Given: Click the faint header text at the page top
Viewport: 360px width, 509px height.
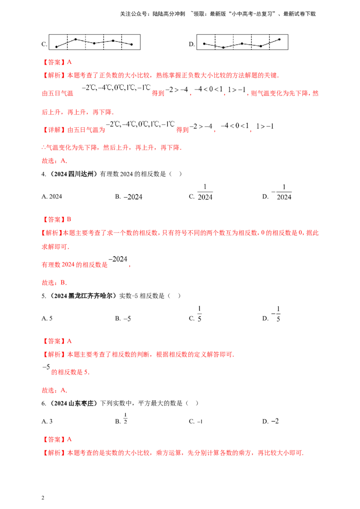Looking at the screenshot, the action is click(218, 15).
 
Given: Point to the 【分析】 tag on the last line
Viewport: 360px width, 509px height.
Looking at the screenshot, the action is click(54, 454).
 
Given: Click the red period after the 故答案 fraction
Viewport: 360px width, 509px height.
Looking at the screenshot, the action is click(130, 267).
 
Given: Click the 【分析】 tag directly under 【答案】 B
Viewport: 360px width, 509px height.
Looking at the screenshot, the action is click(54, 234).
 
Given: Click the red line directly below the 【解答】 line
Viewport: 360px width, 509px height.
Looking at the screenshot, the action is click(112, 147).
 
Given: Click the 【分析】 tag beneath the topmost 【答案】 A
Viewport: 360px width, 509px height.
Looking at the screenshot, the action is click(54, 76).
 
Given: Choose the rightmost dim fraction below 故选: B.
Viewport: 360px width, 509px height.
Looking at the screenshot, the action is click(279, 314).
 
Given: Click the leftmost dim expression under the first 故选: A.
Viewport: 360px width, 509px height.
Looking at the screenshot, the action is click(134, 195).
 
